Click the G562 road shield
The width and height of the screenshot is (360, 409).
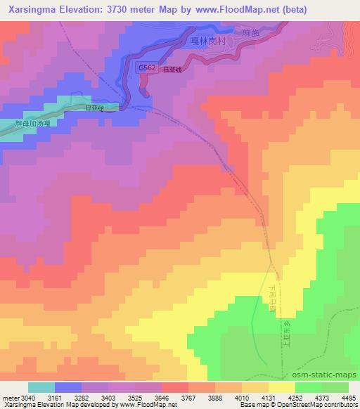click(148, 67)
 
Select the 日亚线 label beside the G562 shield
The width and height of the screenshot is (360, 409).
click(172, 69)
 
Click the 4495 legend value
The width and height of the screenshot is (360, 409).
click(347, 398)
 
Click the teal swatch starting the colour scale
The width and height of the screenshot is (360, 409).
click(41, 387)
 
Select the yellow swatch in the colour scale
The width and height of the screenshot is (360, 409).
click(282, 387)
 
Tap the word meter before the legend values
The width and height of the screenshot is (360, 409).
click(10, 398)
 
